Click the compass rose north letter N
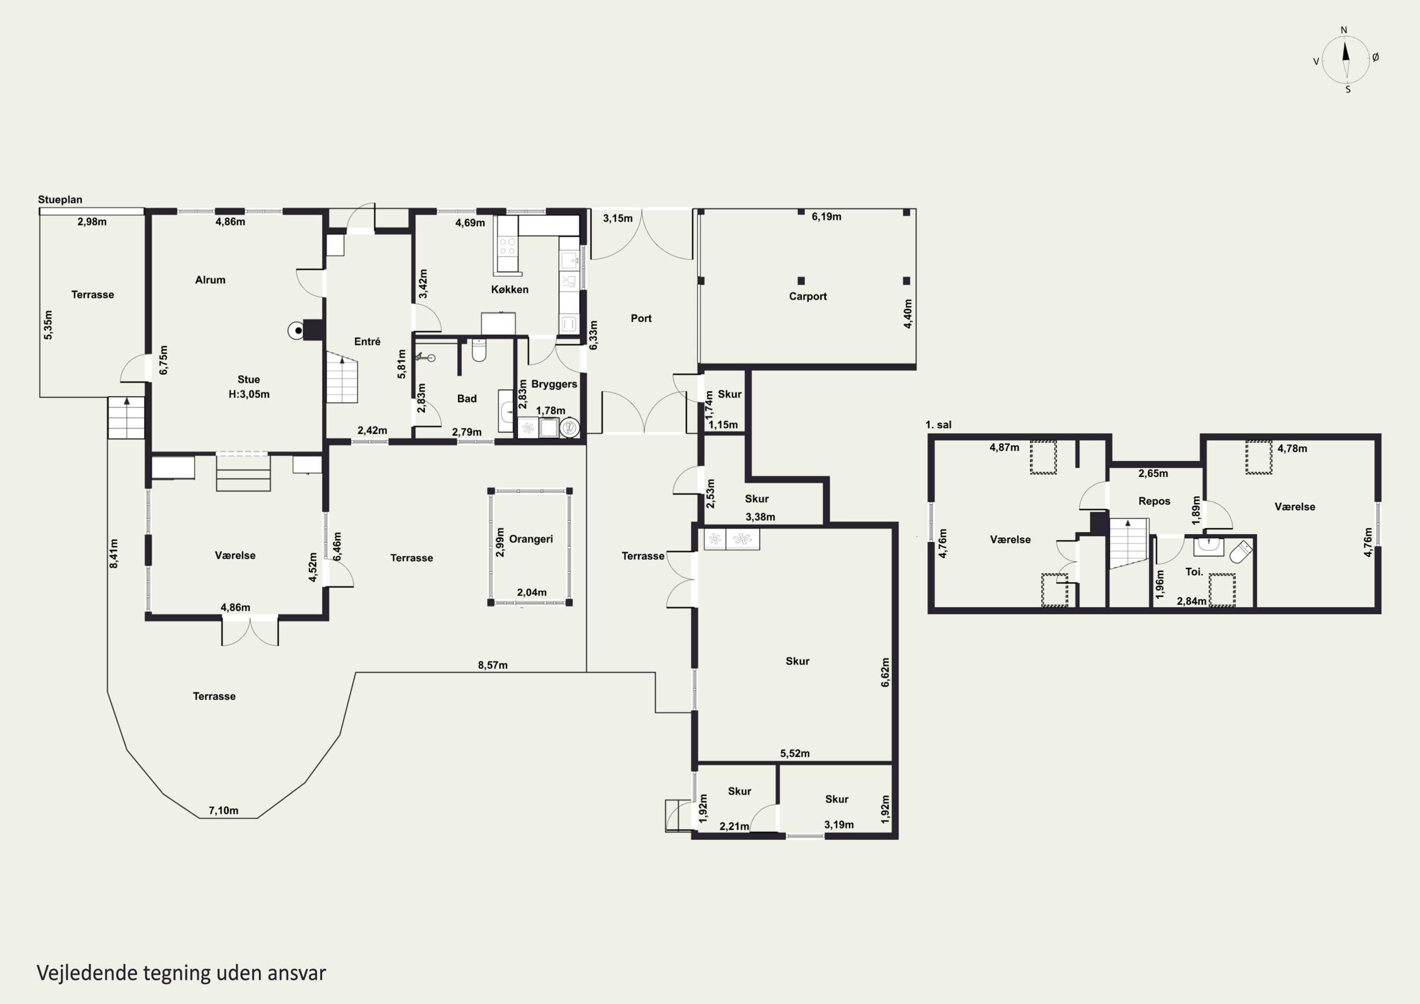(1343, 30)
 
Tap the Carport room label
(808, 296)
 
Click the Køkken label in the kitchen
(510, 290)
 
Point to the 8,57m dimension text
(492, 666)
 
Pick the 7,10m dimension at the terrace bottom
(223, 810)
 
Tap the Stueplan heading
(60, 200)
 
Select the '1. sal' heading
(938, 425)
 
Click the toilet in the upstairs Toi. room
(1241, 552)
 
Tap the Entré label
(367, 341)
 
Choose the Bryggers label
(554, 384)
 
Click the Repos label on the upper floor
(1154, 502)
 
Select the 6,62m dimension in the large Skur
(886, 673)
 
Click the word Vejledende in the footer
(87, 973)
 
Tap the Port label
(641, 319)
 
